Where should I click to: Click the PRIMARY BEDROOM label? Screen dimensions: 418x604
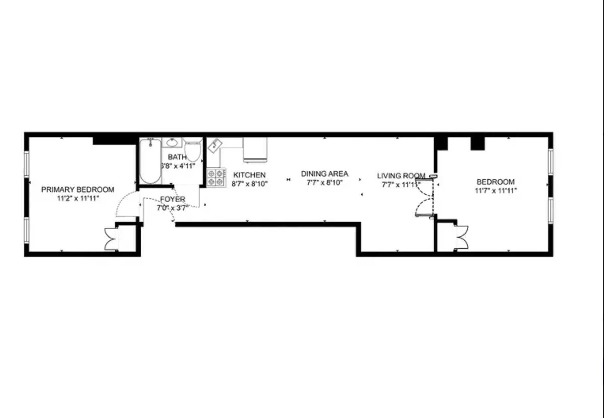(77, 190)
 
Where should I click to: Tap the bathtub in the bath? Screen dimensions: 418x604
(150, 162)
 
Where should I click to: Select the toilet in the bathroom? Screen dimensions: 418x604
(193, 150)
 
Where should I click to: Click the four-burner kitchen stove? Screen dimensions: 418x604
(216, 178)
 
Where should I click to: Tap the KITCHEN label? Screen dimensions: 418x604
(249, 175)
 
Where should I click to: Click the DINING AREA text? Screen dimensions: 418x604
(324, 174)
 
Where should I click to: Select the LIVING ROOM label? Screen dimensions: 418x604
(401, 176)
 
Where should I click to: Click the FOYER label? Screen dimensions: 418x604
(172, 199)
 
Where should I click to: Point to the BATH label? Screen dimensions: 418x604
(177, 157)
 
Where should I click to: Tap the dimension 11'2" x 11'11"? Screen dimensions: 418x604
(78, 199)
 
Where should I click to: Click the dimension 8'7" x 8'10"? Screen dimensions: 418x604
(249, 184)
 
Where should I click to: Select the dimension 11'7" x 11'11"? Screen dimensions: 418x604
(496, 191)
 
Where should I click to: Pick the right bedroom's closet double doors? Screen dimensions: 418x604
(462, 237)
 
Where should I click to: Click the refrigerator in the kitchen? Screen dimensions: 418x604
(255, 150)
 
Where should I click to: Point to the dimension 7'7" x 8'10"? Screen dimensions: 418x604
(324, 182)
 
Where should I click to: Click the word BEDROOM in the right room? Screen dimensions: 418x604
(496, 182)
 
